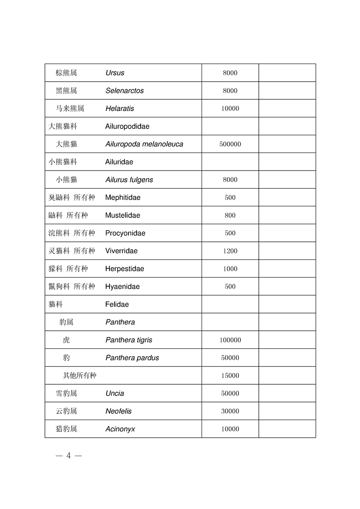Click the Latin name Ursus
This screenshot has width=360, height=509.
[115, 73]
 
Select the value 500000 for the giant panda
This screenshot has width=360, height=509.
[230, 144]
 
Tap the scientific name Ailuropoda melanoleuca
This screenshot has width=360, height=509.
[144, 144]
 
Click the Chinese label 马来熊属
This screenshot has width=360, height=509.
[70, 108]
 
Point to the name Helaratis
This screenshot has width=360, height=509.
[120, 109]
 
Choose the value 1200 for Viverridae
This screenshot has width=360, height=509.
[230, 251]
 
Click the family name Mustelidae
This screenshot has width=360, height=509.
[123, 215]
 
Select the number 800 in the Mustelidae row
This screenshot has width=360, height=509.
[230, 215]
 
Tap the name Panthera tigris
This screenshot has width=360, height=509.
[129, 340]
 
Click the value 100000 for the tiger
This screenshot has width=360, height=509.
[230, 340]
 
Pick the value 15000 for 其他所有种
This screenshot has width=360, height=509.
[230, 376]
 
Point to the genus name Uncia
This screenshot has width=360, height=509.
[115, 393]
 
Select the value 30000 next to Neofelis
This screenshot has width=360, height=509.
[230, 411]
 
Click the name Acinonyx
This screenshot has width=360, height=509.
[120, 429]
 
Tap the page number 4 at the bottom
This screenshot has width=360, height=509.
[69, 456]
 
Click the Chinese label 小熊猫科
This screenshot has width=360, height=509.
[63, 162]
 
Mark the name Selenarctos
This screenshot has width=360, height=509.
[124, 91]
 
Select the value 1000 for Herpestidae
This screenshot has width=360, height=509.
[230, 269]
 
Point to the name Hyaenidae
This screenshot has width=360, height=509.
[123, 287]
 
